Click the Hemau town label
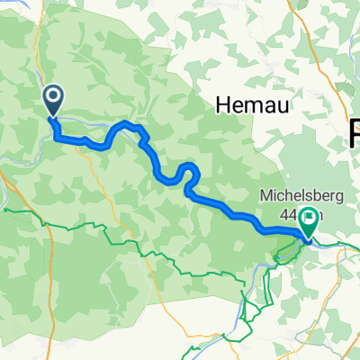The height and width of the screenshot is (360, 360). (x=246, y=105)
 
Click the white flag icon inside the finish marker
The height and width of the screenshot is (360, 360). (x=311, y=217)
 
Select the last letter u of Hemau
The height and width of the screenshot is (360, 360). (x=268, y=105)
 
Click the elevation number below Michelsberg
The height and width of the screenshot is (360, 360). (x=288, y=213)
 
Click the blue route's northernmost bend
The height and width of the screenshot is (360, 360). (x=127, y=122)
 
